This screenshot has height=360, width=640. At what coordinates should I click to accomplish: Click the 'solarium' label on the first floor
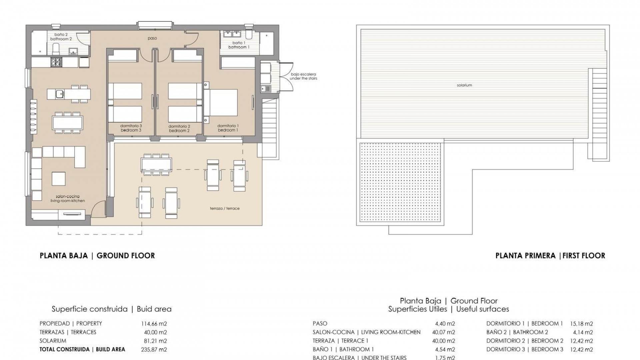coord(464,85)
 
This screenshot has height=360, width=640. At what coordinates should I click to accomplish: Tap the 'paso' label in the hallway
coord(152,38)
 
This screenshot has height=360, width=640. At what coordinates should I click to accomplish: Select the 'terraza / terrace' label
coord(225,209)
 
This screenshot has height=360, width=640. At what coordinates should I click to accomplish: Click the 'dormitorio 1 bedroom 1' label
coord(228,128)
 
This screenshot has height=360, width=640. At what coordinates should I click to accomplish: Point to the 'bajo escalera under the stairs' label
coord(303,76)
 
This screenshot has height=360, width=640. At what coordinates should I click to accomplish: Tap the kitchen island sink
coord(60,94)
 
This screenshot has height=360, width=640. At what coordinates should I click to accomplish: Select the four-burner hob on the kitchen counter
coord(56,62)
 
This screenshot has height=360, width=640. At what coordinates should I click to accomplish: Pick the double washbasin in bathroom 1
coord(232,34)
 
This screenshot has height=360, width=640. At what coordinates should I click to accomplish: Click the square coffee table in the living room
coord(59,179)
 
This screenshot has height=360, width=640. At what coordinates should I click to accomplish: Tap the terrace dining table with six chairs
coord(156,164)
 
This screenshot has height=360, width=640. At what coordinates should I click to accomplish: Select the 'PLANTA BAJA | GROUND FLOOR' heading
coord(97,256)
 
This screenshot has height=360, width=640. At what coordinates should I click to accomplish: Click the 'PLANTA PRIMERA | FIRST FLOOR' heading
coord(550,256)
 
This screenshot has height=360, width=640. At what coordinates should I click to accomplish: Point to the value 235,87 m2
coord(154,350)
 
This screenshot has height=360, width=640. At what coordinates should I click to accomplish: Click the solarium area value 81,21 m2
coord(154,341)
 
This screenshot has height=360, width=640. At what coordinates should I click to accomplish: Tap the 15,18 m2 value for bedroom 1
coord(581,324)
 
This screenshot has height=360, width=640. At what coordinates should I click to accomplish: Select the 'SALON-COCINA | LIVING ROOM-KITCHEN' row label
coord(366,332)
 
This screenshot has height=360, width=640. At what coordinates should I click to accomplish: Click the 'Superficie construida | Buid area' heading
coord(111,309)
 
